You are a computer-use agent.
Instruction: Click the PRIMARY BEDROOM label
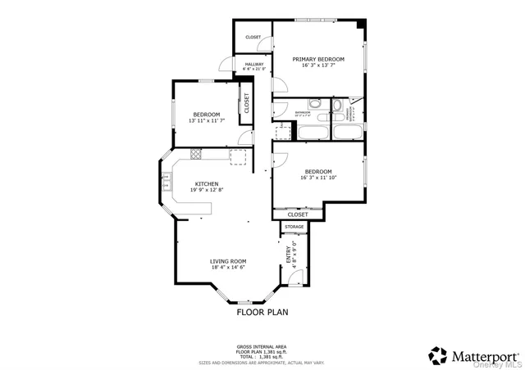tap(318, 59)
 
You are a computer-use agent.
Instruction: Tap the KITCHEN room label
tap(206, 183)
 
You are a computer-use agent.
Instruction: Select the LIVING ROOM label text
tap(228, 260)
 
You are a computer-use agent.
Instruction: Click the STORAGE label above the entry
tap(294, 227)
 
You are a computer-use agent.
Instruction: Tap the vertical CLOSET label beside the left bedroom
tap(246, 103)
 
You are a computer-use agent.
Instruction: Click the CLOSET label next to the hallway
tap(253, 37)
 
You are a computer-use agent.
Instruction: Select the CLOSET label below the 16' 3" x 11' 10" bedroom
tap(298, 214)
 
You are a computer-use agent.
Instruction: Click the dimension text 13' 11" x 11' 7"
tap(206, 120)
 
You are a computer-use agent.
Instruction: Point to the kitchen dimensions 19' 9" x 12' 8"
tap(206, 190)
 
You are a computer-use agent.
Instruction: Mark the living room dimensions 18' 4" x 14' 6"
tap(228, 267)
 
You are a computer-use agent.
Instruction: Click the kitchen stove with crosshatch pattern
tap(196, 153)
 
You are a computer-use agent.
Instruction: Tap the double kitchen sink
tap(165, 184)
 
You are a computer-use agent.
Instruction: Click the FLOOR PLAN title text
tap(262, 312)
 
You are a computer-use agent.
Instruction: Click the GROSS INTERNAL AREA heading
tap(262, 347)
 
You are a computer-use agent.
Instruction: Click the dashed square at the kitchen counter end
tap(239, 156)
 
